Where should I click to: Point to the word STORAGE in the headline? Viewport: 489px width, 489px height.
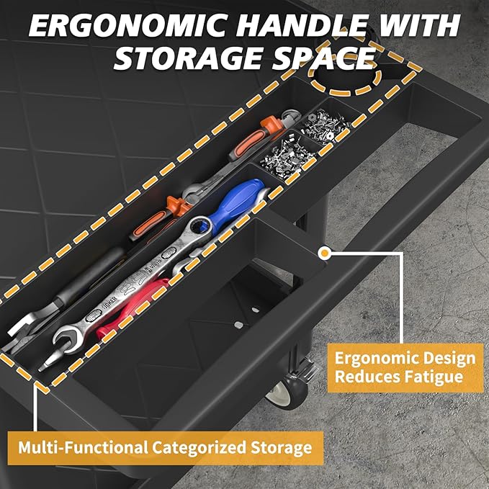point(189,58)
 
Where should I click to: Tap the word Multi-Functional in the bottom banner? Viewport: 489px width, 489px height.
point(83,447)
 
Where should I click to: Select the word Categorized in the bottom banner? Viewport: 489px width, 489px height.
point(199,448)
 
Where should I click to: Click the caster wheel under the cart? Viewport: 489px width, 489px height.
point(286,391)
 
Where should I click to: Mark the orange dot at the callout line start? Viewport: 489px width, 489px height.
point(325,254)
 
